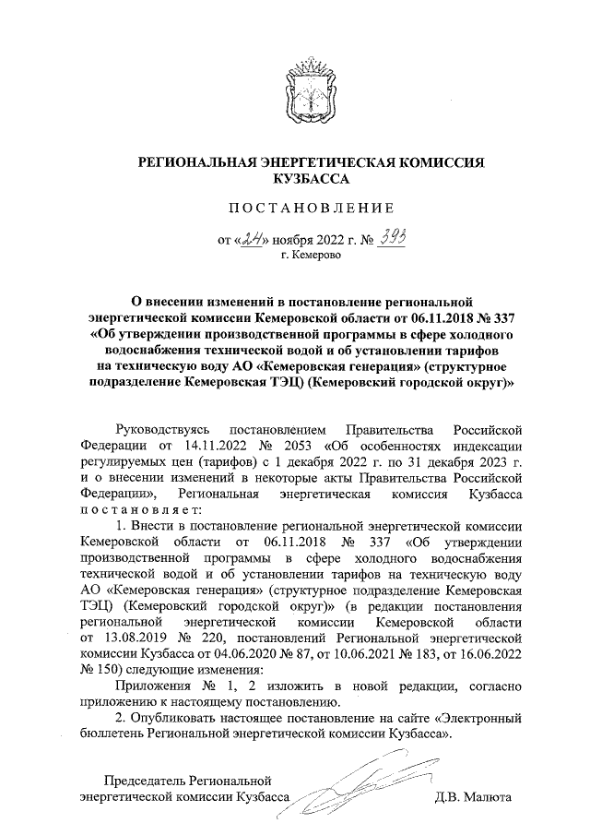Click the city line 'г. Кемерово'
[x=311, y=256]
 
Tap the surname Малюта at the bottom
[x=488, y=796]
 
